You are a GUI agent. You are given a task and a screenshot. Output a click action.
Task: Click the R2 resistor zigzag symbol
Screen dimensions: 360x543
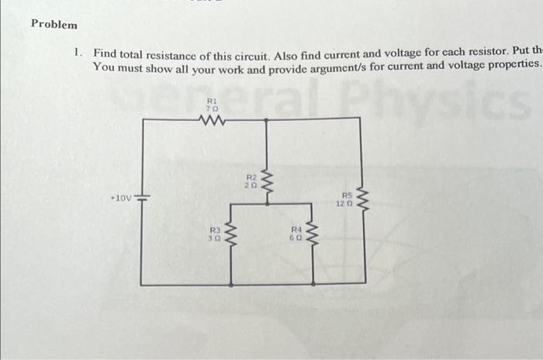pos(268,185)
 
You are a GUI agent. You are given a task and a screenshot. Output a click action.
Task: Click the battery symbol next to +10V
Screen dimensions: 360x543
pos(142,199)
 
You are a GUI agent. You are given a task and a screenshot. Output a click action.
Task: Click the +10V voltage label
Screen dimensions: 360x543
pos(121,199)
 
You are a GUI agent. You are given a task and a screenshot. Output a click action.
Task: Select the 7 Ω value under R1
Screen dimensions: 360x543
pos(212,108)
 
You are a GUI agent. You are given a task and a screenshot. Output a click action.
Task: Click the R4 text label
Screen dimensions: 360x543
pos(296,230)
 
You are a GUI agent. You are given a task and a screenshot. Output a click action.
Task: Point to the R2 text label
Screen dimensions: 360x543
pos(251,178)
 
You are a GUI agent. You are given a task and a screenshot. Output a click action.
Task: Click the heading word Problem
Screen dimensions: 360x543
pos(54,24)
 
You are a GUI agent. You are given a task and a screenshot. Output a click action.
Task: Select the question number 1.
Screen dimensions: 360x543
pos(78,54)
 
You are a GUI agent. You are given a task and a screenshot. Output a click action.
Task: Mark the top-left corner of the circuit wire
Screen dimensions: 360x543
pos(142,119)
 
